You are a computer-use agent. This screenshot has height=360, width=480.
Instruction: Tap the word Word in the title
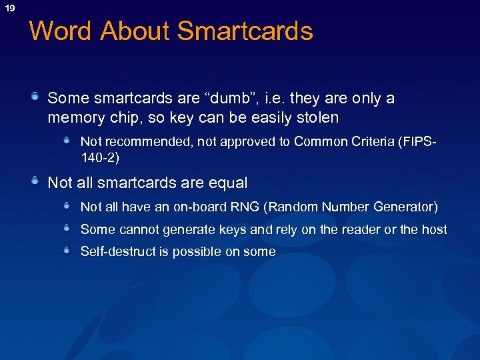[x=60, y=31]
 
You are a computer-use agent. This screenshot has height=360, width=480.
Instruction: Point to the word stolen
[x=316, y=119]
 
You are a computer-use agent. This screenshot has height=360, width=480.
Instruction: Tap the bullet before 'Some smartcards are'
[x=35, y=98]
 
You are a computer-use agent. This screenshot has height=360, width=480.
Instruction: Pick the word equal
[x=228, y=183]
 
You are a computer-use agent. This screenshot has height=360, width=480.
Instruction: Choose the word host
[x=435, y=229]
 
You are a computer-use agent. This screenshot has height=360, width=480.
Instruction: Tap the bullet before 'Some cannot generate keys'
[x=67, y=229]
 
